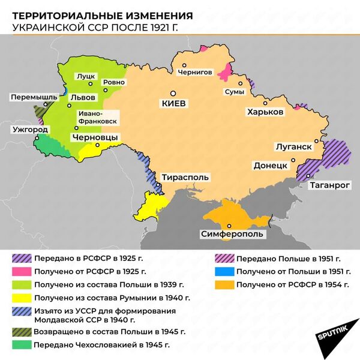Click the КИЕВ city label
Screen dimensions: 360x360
[x=174, y=103]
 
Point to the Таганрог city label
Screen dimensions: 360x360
[x=329, y=185]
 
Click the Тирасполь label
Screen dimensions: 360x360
[x=185, y=178]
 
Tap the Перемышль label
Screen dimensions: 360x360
[x=34, y=97]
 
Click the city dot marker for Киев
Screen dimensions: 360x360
[x=173, y=93]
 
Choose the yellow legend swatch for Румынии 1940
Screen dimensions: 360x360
[x=21, y=298]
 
